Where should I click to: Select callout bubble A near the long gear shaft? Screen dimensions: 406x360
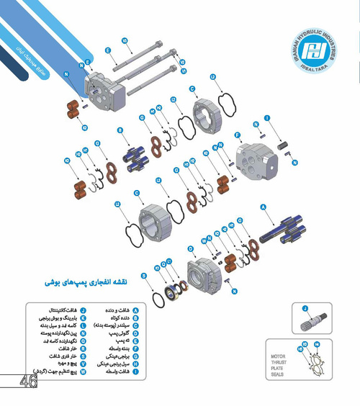tap(264, 207)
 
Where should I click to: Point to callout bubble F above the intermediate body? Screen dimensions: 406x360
tap(238, 135)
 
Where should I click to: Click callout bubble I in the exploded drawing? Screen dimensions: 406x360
tap(267, 117)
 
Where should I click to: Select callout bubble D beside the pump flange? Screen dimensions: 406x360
tap(191, 248)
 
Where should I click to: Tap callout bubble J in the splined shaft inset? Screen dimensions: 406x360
tap(305, 309)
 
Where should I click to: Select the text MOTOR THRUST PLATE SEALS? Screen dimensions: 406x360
tap(279, 365)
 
